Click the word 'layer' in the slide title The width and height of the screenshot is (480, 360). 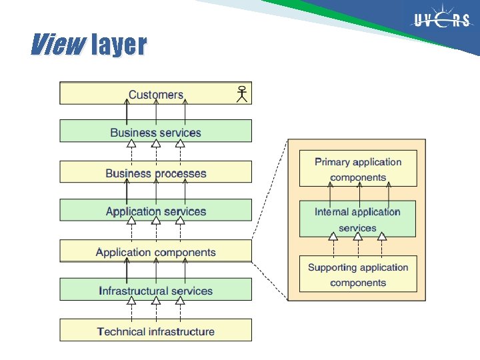pos(118,45)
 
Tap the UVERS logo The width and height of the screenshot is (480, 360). pos(442,21)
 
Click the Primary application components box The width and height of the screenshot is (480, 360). pos(358,169)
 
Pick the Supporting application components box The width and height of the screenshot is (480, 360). pos(358,274)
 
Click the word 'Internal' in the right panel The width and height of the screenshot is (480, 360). pos(332,212)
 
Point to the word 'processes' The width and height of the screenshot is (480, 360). pos(181,173)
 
